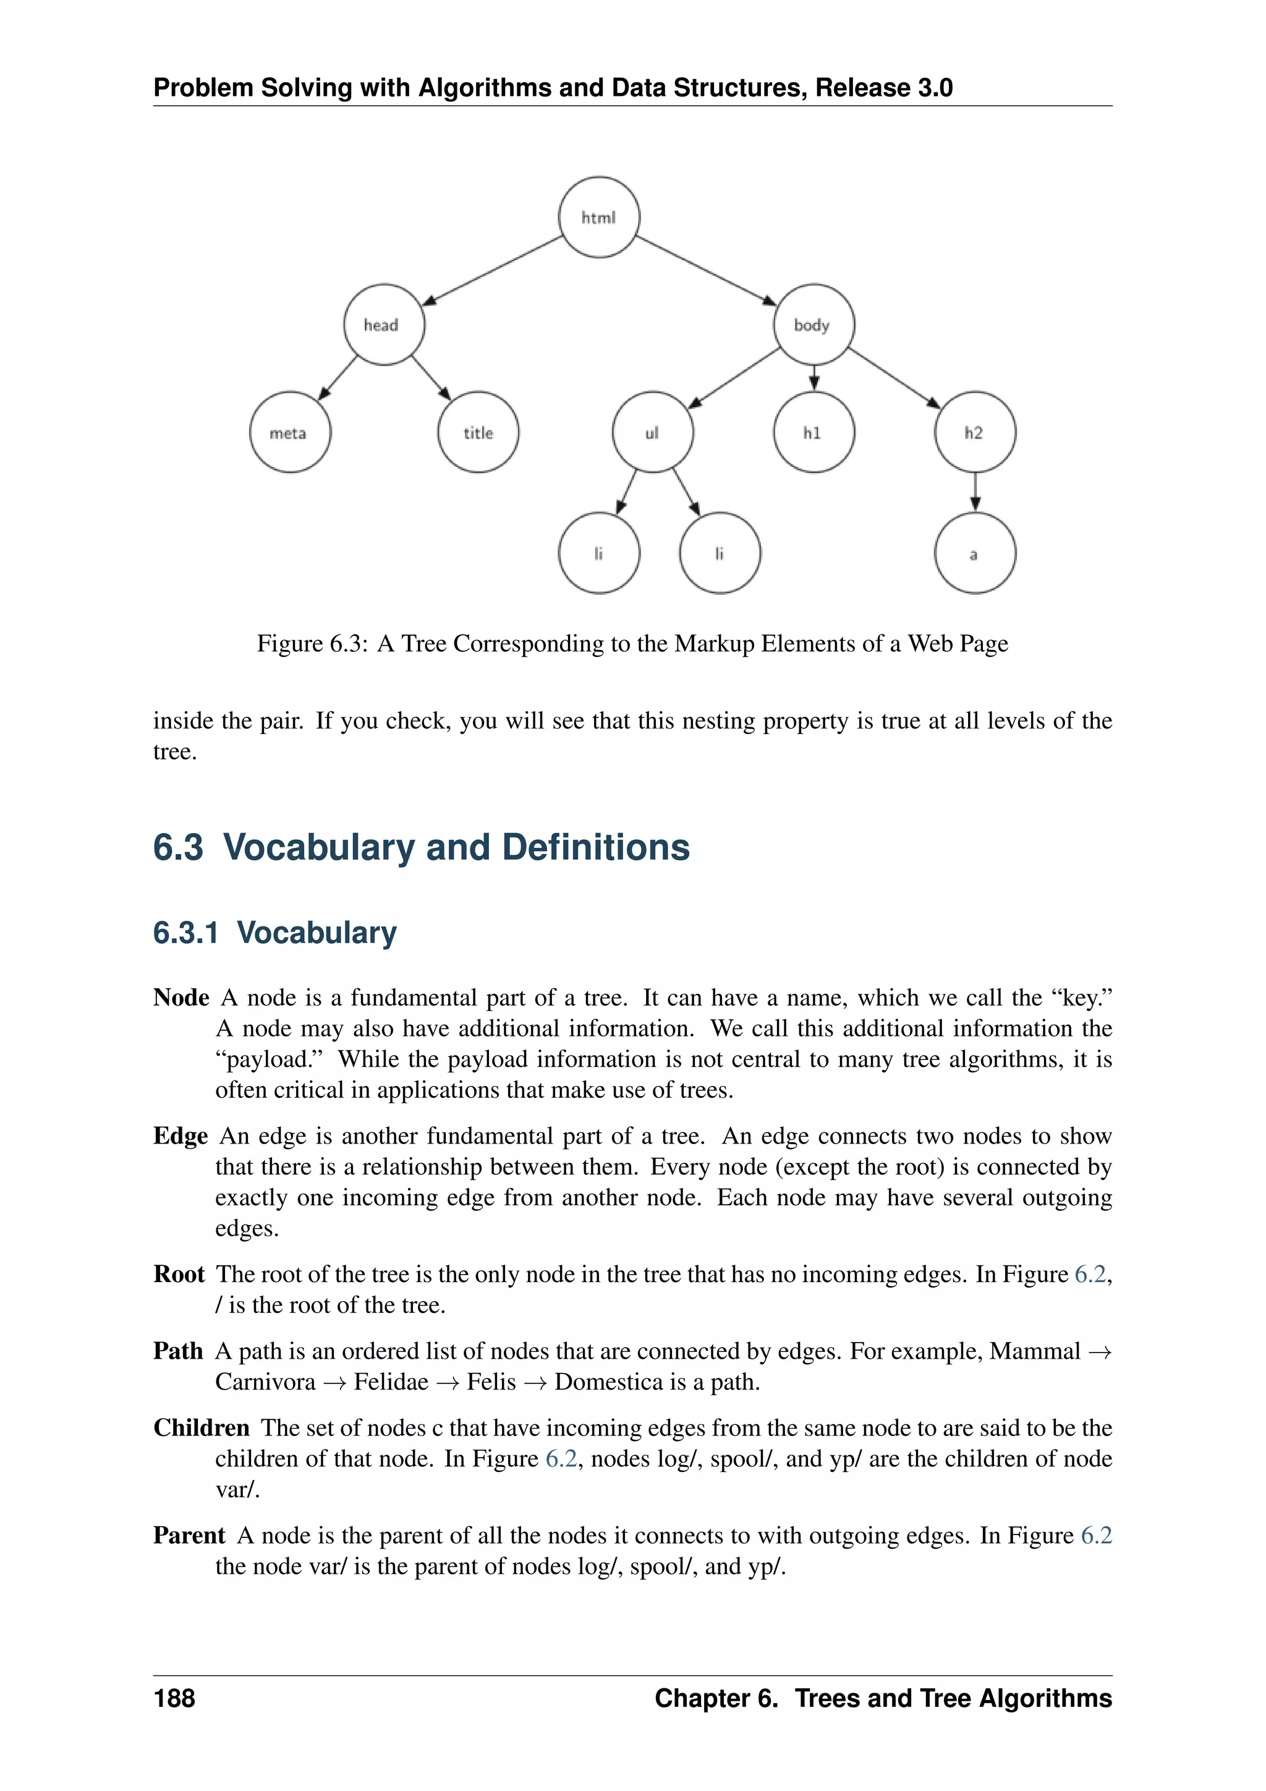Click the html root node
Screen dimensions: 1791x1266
(599, 218)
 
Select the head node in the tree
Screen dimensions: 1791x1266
(383, 325)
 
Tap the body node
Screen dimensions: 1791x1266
(813, 325)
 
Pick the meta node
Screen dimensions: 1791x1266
(290, 432)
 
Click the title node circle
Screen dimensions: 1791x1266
(478, 432)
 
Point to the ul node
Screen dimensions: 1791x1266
(653, 432)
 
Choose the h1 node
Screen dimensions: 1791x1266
(813, 432)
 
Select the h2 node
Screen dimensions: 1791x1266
(974, 432)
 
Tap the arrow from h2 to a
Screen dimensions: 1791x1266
(974, 493)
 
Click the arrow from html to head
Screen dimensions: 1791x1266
(491, 271)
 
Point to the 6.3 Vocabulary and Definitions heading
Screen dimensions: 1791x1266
(421, 848)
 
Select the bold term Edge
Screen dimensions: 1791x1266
(180, 1135)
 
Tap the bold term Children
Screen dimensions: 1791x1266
(201, 1427)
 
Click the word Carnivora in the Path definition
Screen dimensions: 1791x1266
(265, 1382)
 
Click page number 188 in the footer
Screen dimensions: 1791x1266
(174, 1698)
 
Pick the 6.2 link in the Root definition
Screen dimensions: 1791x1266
(1090, 1275)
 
